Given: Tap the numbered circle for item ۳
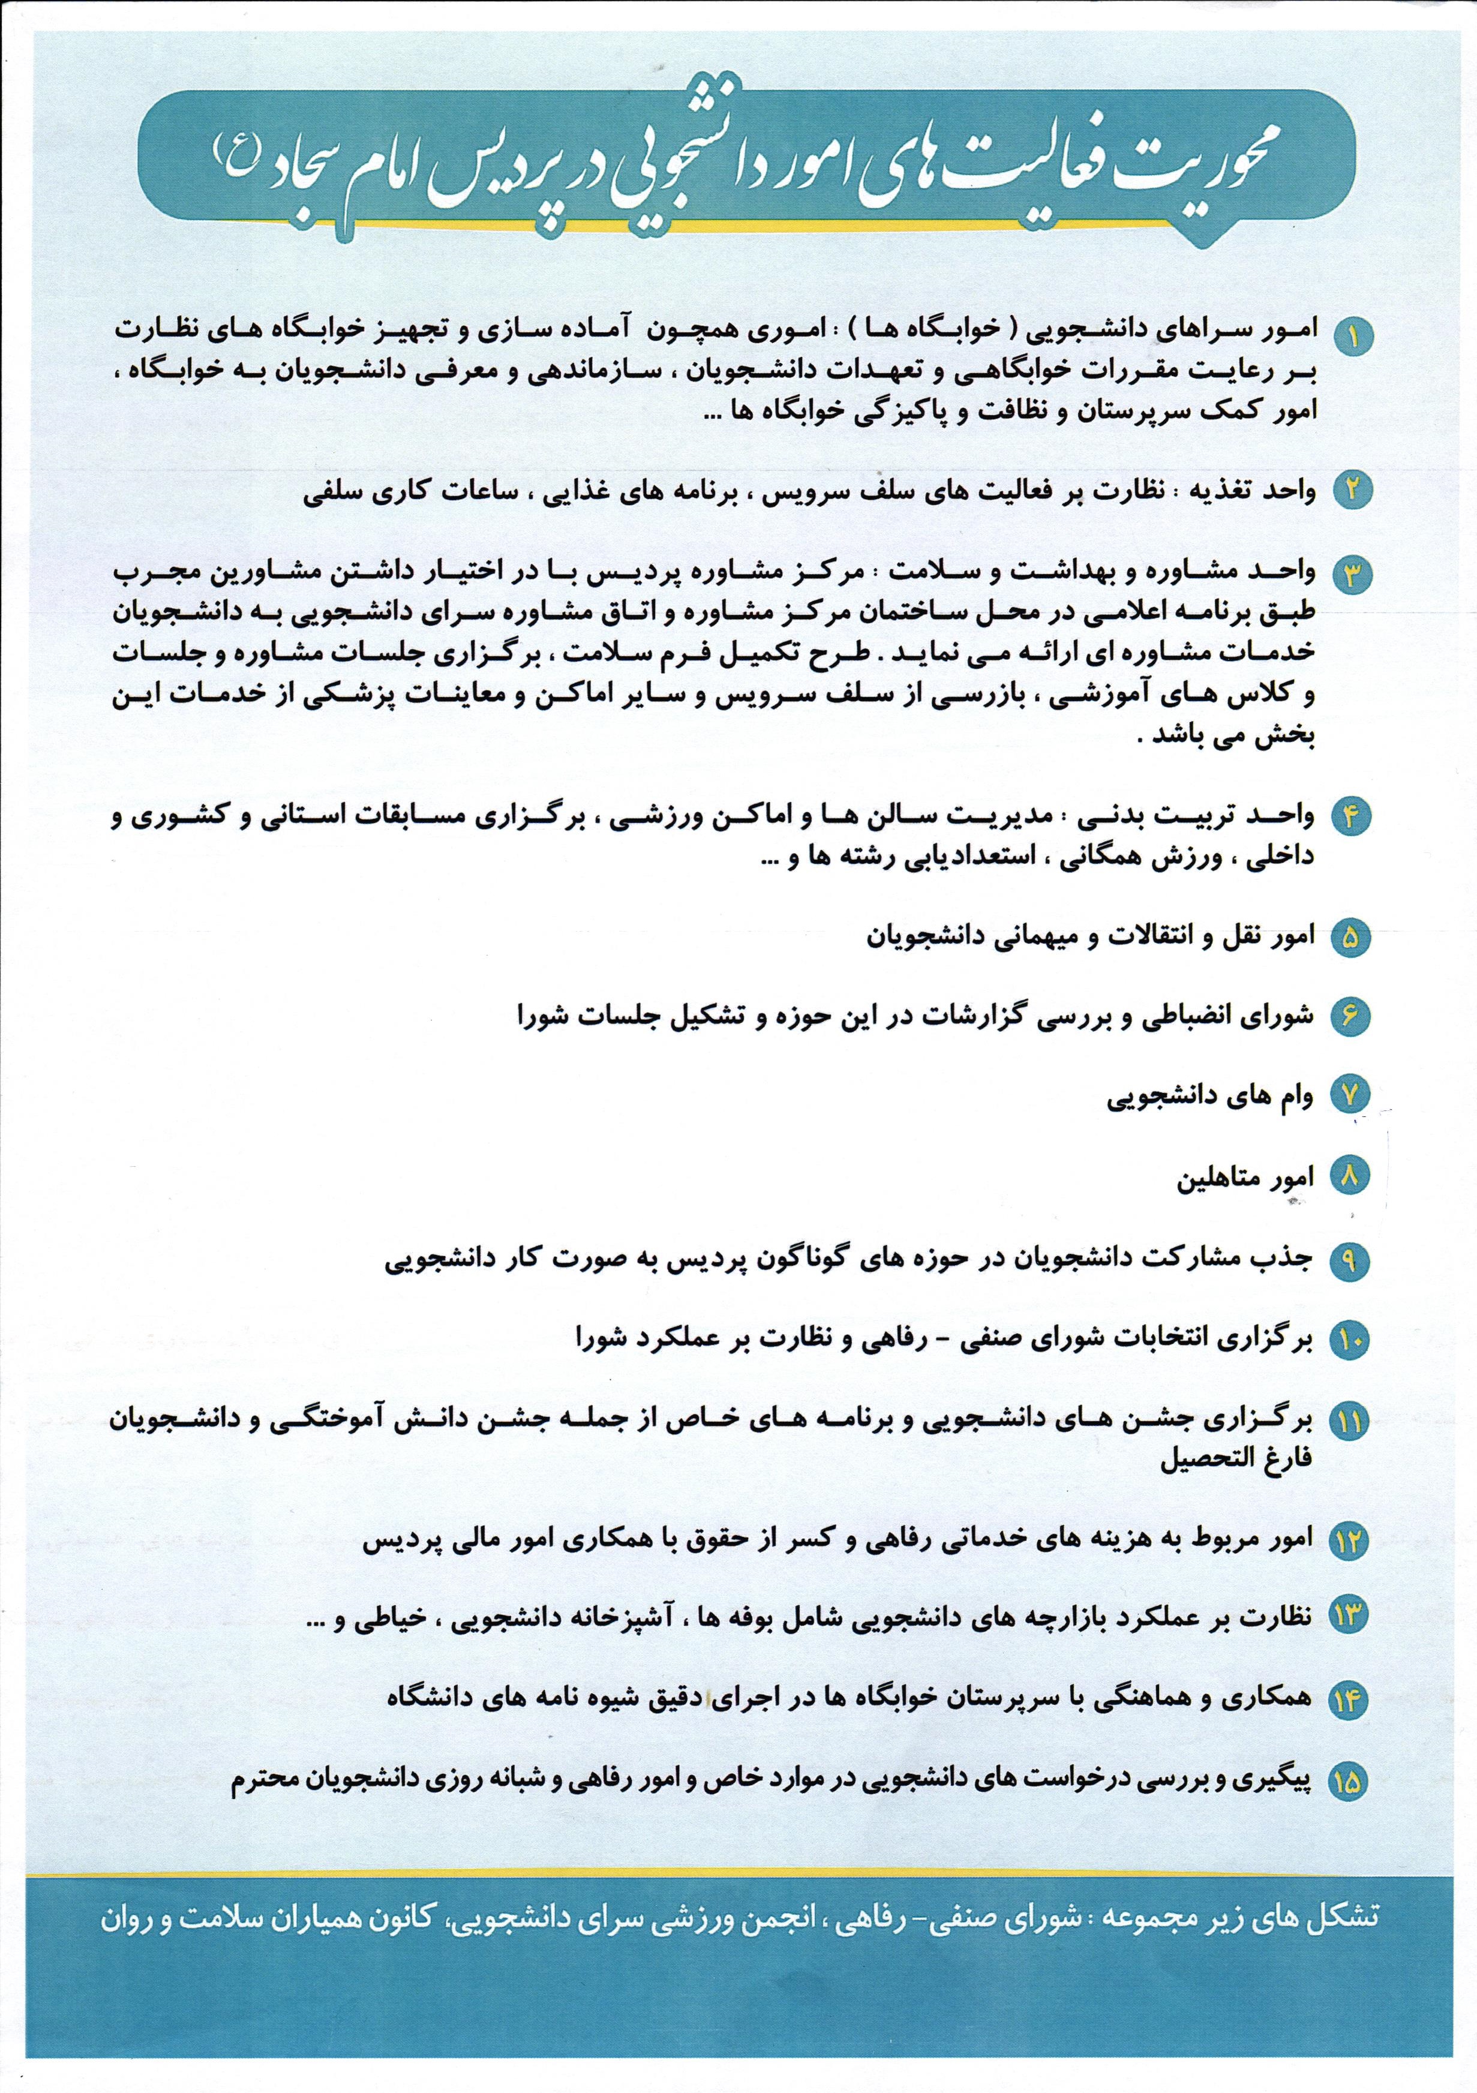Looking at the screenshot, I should (x=1351, y=573).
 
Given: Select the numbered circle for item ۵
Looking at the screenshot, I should (x=1351, y=938).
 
